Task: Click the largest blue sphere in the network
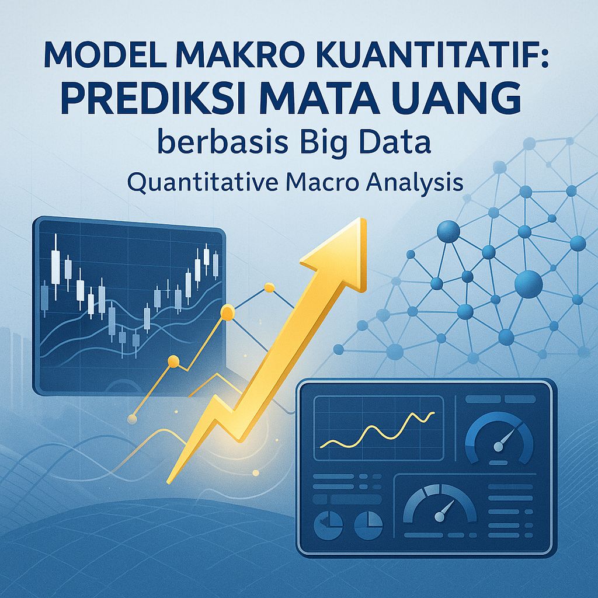click(529, 284)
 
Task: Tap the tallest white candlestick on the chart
click(56, 260)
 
